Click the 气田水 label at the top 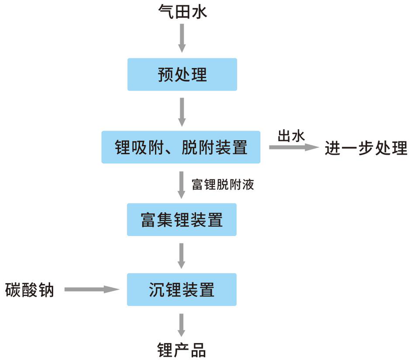[182, 12]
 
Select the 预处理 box [182, 74]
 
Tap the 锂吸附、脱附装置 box [181, 147]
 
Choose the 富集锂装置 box [182, 220]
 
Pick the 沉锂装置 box [182, 290]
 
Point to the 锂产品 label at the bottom [181, 350]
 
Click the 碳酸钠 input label [30, 290]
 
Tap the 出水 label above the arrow [291, 136]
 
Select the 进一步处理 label [366, 148]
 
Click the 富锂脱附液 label [223, 185]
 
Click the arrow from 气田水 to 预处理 [182, 38]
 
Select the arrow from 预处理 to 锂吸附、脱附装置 [182, 112]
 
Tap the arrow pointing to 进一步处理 [294, 147]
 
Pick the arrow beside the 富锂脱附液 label [181, 185]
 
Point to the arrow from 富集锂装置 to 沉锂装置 [181, 256]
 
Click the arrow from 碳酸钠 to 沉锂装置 [92, 290]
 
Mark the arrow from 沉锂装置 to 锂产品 [181, 325]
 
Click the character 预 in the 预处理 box [166, 74]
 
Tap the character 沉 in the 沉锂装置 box [157, 290]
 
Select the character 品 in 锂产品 [198, 350]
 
